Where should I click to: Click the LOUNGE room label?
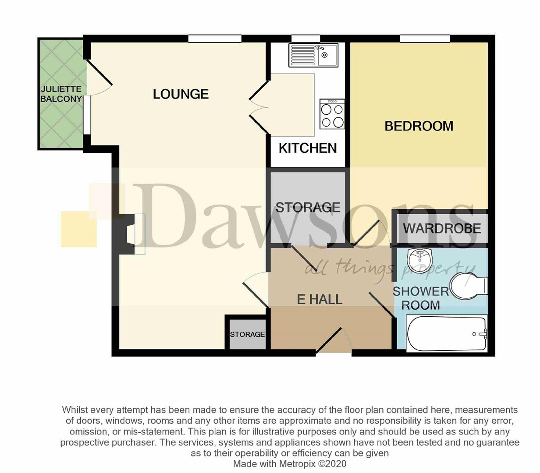(181, 94)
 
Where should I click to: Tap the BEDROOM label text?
(419, 126)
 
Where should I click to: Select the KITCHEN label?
(308, 148)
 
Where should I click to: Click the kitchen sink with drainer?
(313, 55)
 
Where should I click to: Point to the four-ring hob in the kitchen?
(332, 114)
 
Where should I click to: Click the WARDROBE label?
(442, 229)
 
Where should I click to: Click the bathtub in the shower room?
(447, 334)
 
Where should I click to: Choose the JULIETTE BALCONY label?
(61, 94)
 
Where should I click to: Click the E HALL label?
(320, 300)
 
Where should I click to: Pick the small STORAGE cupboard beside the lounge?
(247, 334)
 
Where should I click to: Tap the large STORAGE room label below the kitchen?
(308, 208)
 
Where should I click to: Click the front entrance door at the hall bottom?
(329, 341)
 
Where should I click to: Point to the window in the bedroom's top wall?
(425, 39)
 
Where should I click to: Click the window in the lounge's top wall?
(215, 39)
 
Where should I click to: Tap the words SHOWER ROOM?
(421, 298)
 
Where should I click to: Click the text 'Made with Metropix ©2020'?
(290, 464)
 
